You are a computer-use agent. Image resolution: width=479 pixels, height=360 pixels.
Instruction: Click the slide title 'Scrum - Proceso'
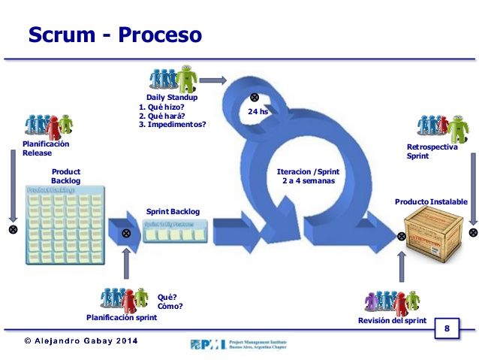pos(115,35)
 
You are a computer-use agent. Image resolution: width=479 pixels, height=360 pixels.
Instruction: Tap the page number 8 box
pos(447,328)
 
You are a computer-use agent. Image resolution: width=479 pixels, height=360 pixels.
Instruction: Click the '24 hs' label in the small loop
pos(258,112)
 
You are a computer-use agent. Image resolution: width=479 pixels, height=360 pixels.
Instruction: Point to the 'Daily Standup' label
pos(172,98)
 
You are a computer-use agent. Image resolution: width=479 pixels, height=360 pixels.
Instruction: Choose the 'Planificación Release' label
pos(46,148)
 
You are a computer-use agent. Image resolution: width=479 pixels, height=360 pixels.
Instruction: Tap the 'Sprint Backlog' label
pos(173,212)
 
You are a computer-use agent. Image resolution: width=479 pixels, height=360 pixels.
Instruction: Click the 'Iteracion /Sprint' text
pos(303,172)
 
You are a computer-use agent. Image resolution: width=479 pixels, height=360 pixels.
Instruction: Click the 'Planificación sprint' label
pos(122,317)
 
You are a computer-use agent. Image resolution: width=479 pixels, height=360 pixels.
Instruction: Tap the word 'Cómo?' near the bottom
pos(170,306)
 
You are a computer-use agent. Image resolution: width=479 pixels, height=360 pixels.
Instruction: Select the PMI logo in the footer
pos(238,344)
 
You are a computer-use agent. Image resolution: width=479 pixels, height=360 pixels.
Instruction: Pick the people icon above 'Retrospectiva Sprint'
pos(441,126)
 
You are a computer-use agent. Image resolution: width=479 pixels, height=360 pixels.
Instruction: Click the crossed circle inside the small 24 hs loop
pos(255,97)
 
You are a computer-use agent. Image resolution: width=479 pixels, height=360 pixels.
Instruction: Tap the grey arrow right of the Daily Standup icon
pos(213,80)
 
